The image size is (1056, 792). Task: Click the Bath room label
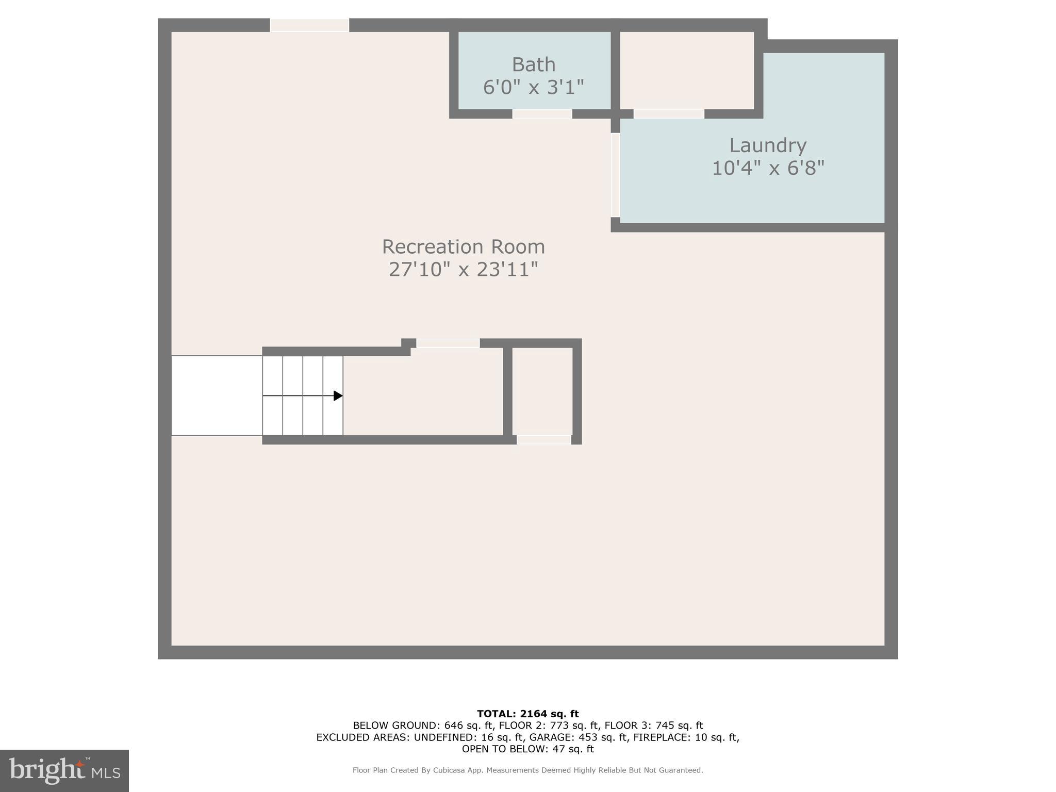533,65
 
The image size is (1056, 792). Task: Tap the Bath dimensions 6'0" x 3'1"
533,87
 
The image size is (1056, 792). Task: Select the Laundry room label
767,146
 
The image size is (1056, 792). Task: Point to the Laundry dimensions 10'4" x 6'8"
767,169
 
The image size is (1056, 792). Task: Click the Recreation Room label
463,247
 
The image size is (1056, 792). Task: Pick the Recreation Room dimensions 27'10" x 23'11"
463,270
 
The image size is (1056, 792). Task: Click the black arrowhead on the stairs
338,395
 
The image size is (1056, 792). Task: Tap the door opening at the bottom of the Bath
542,114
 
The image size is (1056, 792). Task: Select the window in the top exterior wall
309,25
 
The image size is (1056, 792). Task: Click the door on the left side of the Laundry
615,175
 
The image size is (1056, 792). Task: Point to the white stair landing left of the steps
217,395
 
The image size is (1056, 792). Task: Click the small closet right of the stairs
542,391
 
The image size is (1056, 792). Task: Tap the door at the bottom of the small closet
543,440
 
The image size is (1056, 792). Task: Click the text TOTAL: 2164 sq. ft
527,714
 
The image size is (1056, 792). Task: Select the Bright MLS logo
64,771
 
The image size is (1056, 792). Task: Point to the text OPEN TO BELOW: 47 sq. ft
527,749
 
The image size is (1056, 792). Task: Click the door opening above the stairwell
448,343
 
